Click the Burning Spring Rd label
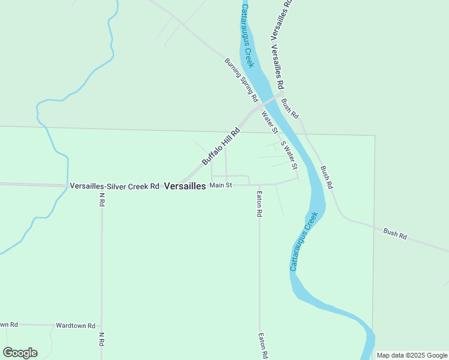click(x=241, y=79)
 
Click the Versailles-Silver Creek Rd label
click(x=114, y=186)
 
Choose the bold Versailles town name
click(x=185, y=186)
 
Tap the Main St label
click(x=220, y=185)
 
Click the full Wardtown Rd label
click(x=76, y=326)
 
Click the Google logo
click(x=20, y=353)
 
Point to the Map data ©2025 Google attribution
click(x=412, y=355)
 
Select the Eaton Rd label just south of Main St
click(x=259, y=203)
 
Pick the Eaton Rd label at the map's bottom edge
click(x=262, y=346)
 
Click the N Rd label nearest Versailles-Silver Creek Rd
click(x=102, y=200)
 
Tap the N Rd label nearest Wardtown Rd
click(x=102, y=339)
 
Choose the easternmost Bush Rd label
click(x=395, y=235)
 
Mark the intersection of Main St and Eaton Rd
click(x=259, y=185)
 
